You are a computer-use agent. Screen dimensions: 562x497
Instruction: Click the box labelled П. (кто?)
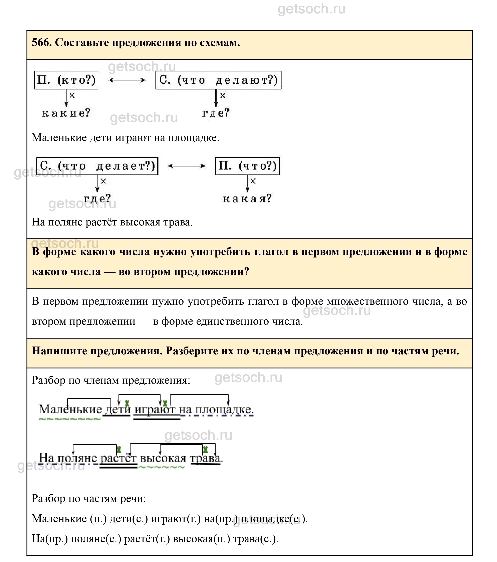pyautogui.click(x=66, y=80)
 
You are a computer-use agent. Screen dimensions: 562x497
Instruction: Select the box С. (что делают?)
pyautogui.click(x=218, y=80)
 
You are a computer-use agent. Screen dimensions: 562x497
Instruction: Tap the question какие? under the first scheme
pyautogui.click(x=66, y=113)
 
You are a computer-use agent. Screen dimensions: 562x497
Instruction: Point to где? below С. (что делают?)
pyautogui.click(x=216, y=113)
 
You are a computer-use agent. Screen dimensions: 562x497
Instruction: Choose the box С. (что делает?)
pyautogui.click(x=97, y=166)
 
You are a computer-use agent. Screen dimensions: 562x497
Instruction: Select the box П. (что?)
pyautogui.click(x=247, y=166)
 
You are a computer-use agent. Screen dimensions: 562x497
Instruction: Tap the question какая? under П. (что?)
pyautogui.click(x=247, y=198)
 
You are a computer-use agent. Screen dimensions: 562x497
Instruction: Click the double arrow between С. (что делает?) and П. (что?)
pyautogui.click(x=187, y=166)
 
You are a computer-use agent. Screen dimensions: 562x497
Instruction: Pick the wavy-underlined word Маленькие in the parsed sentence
pyautogui.click(x=70, y=409)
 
